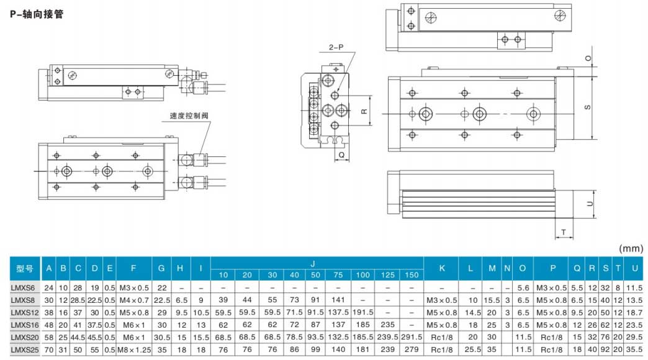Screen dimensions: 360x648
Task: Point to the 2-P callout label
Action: pyautogui.click(x=336, y=47)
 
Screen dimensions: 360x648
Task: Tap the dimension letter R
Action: pyautogui.click(x=364, y=112)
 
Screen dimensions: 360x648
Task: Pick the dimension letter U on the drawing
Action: pyautogui.click(x=590, y=203)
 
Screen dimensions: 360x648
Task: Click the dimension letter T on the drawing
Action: pyautogui.click(x=564, y=232)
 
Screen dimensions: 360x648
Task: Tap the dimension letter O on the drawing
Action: pyautogui.click(x=588, y=58)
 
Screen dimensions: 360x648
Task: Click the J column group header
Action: pyautogui.click(x=315, y=263)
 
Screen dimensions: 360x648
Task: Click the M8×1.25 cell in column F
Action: pyautogui.click(x=135, y=349)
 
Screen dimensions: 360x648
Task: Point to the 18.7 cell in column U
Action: pyautogui.click(x=634, y=312)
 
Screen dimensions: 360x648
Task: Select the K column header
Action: pyautogui.click(x=442, y=268)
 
